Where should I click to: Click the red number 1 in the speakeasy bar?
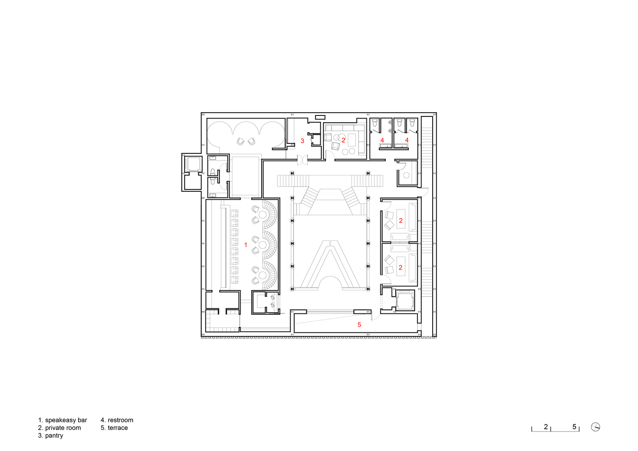click(x=246, y=245)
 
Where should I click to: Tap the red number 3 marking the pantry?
click(x=302, y=141)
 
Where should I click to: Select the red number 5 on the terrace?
click(x=359, y=325)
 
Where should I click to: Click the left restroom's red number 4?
click(x=382, y=140)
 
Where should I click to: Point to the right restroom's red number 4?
click(x=407, y=140)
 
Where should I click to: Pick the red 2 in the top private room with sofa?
click(x=343, y=140)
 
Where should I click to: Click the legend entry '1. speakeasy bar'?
click(x=62, y=420)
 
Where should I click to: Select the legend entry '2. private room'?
click(x=60, y=428)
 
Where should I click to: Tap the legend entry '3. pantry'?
click(x=51, y=435)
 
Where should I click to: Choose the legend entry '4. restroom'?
click(x=117, y=420)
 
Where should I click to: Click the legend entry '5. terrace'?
click(x=114, y=428)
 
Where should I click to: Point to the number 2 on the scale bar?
click(x=546, y=427)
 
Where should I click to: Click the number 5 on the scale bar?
click(x=574, y=427)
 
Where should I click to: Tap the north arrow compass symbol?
click(x=596, y=427)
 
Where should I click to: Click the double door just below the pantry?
click(x=302, y=159)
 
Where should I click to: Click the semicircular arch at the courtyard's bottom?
click(x=331, y=282)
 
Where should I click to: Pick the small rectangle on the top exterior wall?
click(x=320, y=117)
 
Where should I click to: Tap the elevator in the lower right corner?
click(x=405, y=300)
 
